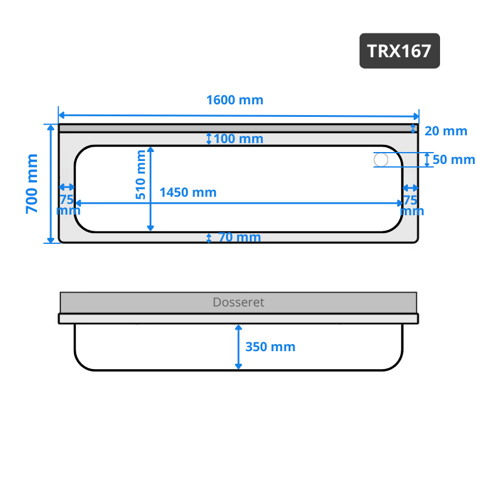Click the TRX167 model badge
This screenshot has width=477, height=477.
399,51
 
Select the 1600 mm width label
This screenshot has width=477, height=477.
235,100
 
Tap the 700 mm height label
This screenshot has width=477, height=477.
32,184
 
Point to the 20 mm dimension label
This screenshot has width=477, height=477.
446,131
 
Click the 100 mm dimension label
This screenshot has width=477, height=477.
238,139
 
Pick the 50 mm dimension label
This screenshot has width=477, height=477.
454,159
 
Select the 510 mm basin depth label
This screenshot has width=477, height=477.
141,175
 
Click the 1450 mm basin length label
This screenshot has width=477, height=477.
188,192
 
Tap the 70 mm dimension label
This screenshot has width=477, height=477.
240,237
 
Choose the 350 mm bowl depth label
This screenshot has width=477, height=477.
270,347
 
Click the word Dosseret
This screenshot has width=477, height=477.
238,302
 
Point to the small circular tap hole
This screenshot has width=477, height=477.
381,160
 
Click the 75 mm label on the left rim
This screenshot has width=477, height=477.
68,205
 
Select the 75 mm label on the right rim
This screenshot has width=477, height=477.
411,206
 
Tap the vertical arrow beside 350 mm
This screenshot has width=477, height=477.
238,347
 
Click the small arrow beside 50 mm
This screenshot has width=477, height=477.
427,160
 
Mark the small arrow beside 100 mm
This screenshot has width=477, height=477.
209,138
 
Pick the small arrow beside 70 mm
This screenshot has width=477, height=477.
209,238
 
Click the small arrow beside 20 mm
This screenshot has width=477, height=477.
413,128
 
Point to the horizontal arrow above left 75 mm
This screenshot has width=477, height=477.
67,187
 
